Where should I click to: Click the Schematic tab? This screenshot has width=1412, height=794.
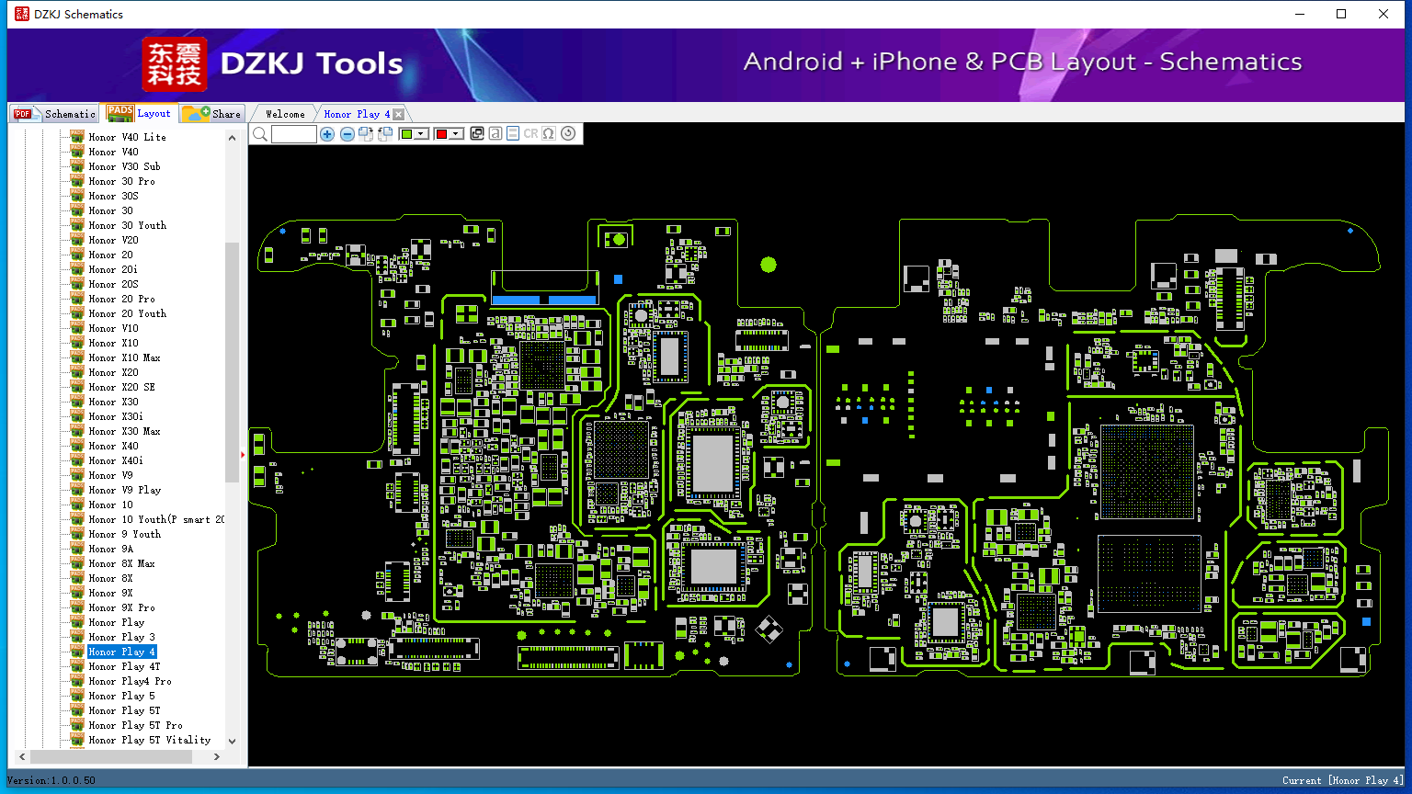55,113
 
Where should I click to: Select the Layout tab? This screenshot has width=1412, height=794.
139,113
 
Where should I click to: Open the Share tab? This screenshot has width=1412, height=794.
211,113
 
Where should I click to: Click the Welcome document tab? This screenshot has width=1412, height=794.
285,114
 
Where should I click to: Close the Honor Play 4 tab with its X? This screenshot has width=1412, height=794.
398,114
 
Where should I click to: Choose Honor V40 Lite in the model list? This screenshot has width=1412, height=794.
127,137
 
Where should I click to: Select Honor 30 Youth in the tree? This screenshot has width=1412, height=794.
128,225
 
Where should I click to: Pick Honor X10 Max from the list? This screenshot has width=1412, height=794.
124,357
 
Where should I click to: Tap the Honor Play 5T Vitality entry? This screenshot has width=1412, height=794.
150,740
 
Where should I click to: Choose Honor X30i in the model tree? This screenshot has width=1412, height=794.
115,416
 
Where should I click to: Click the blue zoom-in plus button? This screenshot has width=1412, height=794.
327,133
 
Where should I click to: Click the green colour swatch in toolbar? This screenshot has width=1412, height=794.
406,133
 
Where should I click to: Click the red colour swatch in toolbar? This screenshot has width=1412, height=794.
441,133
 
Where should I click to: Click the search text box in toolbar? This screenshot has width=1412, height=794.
294,133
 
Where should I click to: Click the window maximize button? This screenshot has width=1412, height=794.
1341,14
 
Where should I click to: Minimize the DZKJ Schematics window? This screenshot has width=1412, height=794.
1300,14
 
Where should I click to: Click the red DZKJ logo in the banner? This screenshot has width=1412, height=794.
175,64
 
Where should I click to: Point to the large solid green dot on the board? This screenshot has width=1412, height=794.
769,265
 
